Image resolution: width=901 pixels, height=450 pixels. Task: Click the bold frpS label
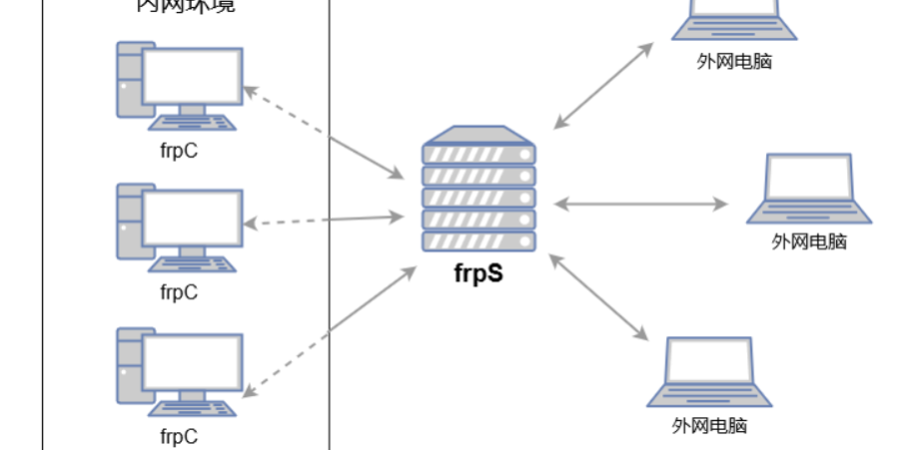478,271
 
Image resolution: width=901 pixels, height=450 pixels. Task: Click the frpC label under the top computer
179,151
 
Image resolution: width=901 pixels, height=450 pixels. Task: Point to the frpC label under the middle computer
179,292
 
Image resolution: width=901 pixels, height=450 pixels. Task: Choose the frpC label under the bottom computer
179,436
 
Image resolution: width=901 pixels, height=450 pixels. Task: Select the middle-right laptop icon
808,189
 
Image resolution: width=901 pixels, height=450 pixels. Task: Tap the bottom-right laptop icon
709,371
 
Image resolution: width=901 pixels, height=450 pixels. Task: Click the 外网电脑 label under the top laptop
734,61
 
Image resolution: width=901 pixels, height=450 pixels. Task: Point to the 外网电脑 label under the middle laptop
809,240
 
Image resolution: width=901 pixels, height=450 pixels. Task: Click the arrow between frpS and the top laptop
603,85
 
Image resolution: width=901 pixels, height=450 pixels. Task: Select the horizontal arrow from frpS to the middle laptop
641,204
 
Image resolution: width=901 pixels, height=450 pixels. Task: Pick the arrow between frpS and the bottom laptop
598,295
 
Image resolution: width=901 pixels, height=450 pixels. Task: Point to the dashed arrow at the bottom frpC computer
290,363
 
